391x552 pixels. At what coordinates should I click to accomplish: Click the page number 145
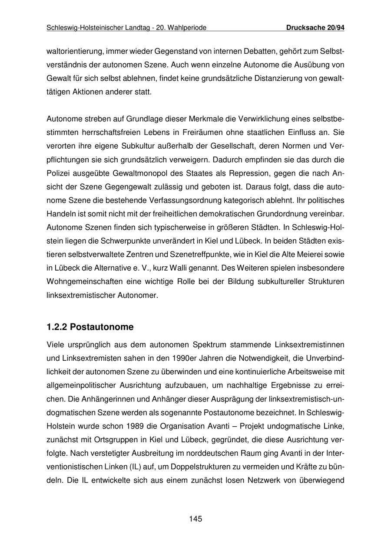coord(195,519)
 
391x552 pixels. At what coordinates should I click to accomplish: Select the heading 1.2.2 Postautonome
coord(90,327)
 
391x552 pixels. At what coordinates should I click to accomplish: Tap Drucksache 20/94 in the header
coord(315,28)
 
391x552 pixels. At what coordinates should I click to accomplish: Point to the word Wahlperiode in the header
coord(188,28)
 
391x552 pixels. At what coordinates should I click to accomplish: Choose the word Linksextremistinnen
coord(310,345)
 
